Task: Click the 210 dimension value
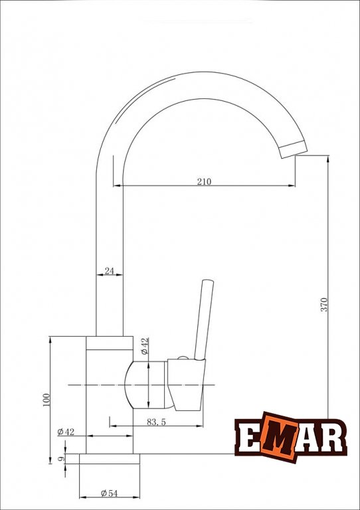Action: (204, 181)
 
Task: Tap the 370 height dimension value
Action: (325, 304)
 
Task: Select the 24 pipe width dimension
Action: (110, 271)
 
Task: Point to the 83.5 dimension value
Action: (157, 422)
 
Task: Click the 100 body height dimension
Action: (46, 400)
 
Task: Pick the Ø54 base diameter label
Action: (110, 493)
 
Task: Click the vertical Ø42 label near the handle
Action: (145, 346)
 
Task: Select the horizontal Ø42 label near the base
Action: (66, 432)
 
